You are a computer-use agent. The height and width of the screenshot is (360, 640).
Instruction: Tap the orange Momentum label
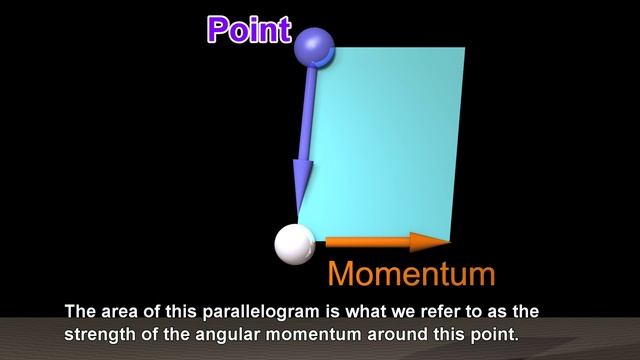pyautogui.click(x=411, y=273)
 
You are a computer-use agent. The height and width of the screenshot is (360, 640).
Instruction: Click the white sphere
pyautogui.click(x=294, y=244)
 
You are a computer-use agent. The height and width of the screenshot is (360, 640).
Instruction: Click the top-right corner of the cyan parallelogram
pyautogui.click(x=465, y=48)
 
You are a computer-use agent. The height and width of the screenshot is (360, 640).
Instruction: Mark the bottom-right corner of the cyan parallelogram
pyautogui.click(x=449, y=238)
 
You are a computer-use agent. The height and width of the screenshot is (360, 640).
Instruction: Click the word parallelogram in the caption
pyautogui.click(x=257, y=311)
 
